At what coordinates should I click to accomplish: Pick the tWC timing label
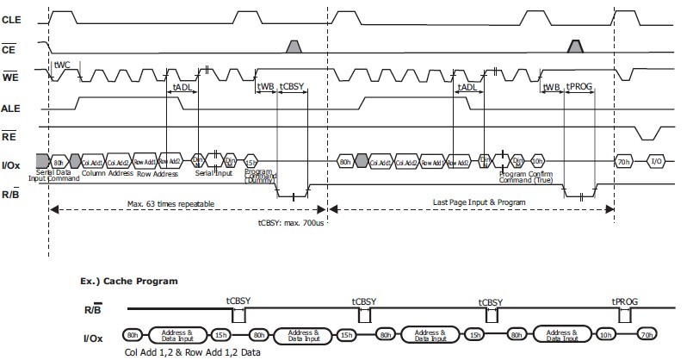(x=62, y=65)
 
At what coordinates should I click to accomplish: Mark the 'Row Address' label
(x=158, y=173)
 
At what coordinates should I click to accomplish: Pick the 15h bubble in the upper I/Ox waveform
(x=251, y=161)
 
